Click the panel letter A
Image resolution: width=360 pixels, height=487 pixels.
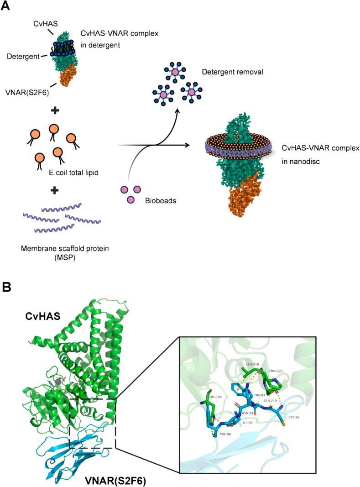tap(6, 6)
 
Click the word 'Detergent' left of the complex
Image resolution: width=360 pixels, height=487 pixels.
tap(21, 55)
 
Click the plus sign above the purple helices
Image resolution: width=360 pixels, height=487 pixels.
tap(54, 190)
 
